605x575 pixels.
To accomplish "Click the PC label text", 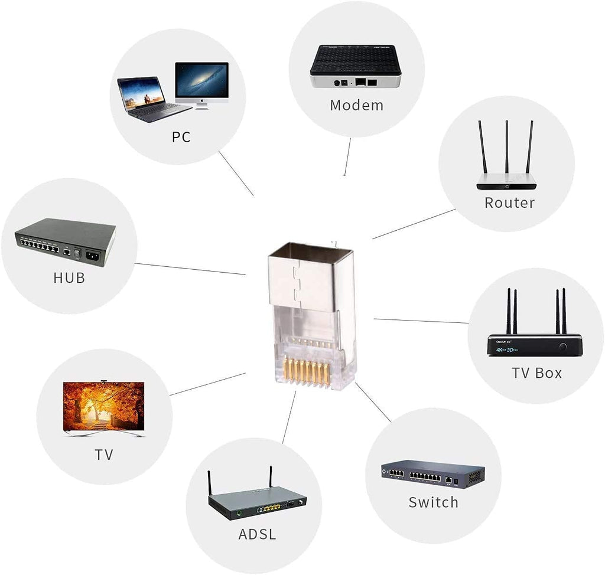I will [181, 138].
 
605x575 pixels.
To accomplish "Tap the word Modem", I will [356, 106].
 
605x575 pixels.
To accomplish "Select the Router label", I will [509, 203].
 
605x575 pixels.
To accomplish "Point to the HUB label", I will [69, 277].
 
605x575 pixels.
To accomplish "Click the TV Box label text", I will [536, 373].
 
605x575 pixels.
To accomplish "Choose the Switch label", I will [433, 502].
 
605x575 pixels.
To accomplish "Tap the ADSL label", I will [257, 535].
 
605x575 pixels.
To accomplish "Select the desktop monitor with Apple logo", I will [201, 84].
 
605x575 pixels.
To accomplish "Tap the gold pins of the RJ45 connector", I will [308, 371].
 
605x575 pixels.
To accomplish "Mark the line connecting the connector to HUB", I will [189, 269].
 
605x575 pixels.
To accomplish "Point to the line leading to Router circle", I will [414, 224].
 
